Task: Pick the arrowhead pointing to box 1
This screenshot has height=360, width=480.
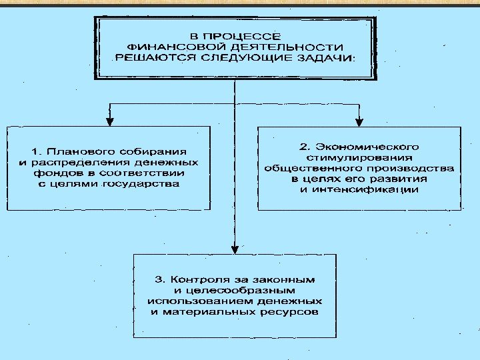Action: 111,121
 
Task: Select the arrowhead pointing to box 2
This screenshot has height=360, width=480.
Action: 359,121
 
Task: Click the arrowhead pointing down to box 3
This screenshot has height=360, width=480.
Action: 234,248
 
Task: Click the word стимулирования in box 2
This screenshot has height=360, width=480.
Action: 359,157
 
